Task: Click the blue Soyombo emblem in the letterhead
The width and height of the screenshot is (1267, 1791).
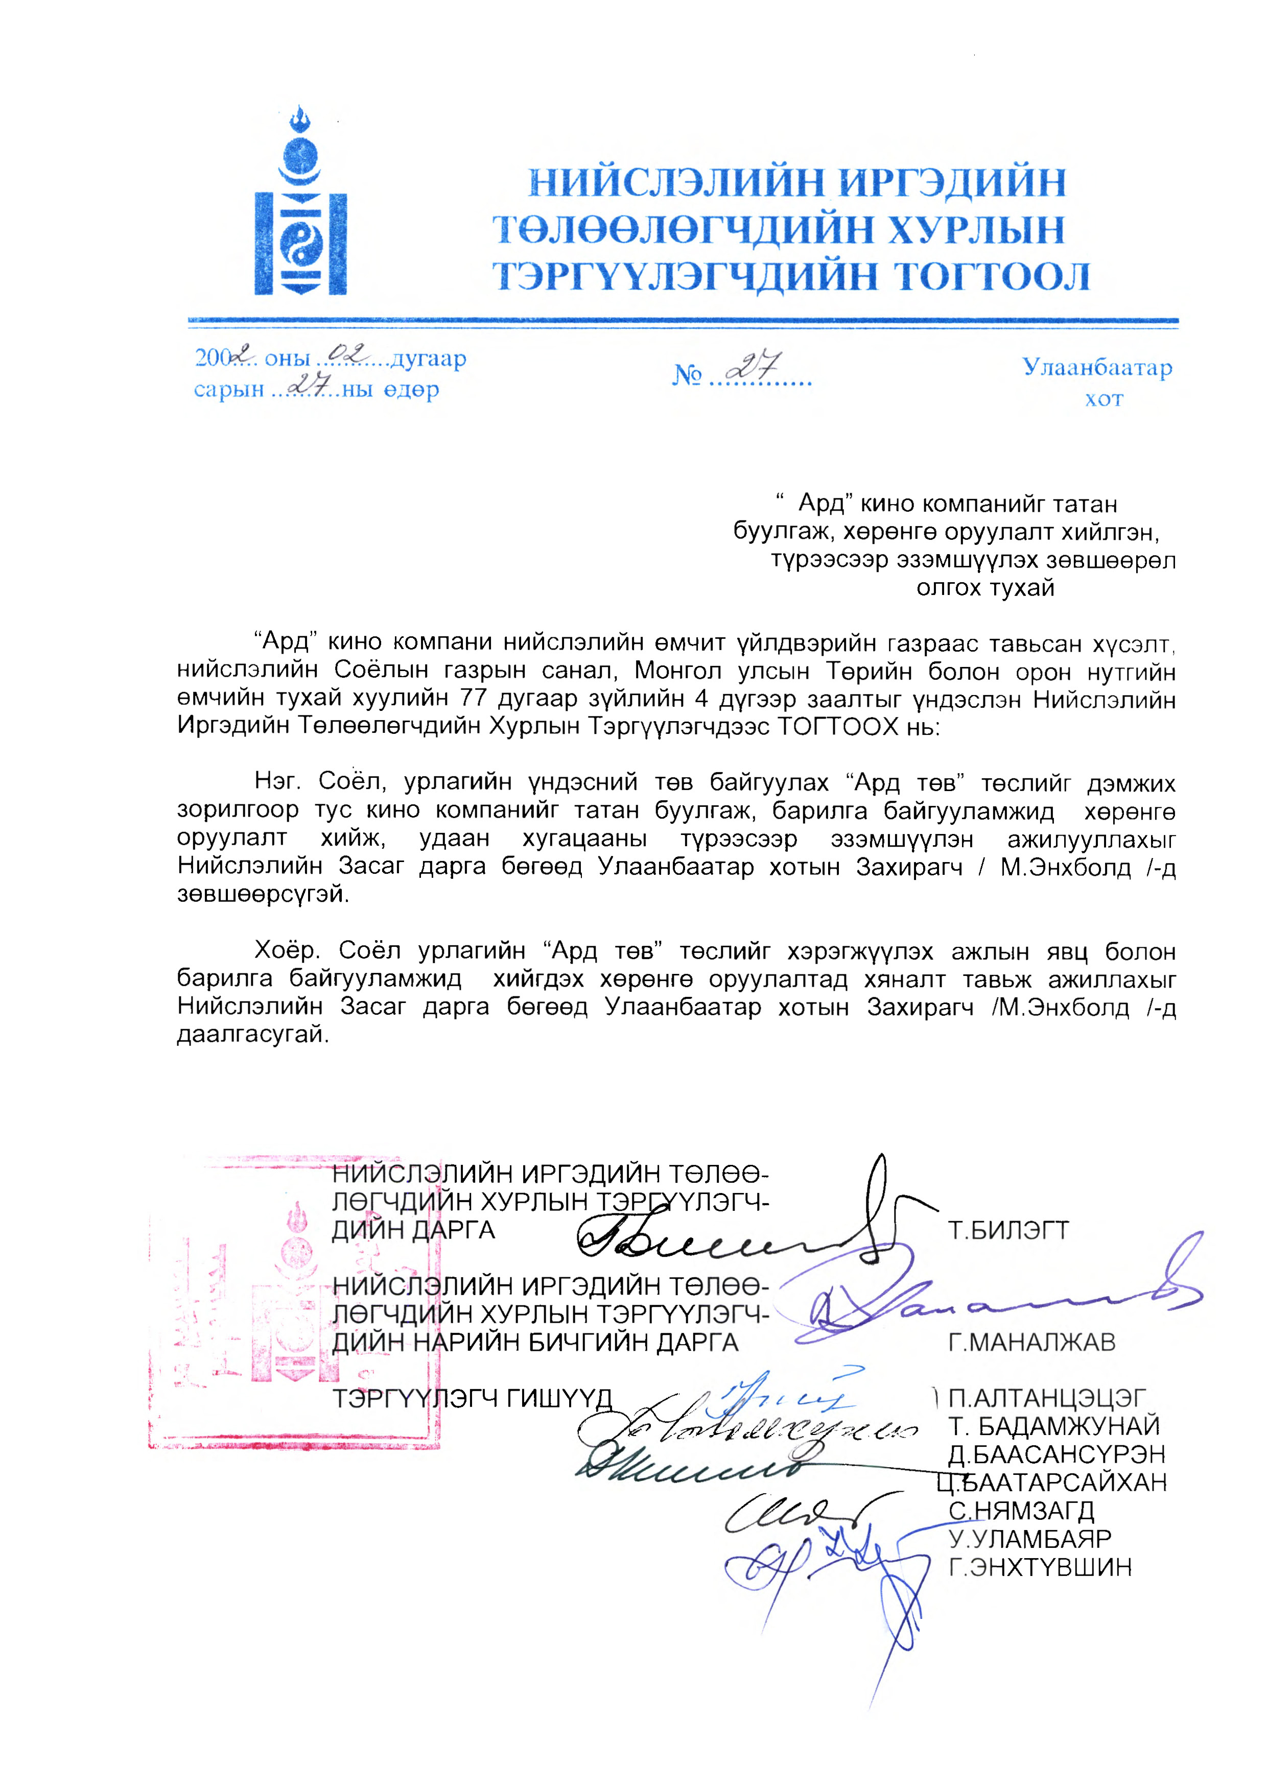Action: click(300, 204)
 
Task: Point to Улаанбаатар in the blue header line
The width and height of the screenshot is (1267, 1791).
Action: click(1097, 367)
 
